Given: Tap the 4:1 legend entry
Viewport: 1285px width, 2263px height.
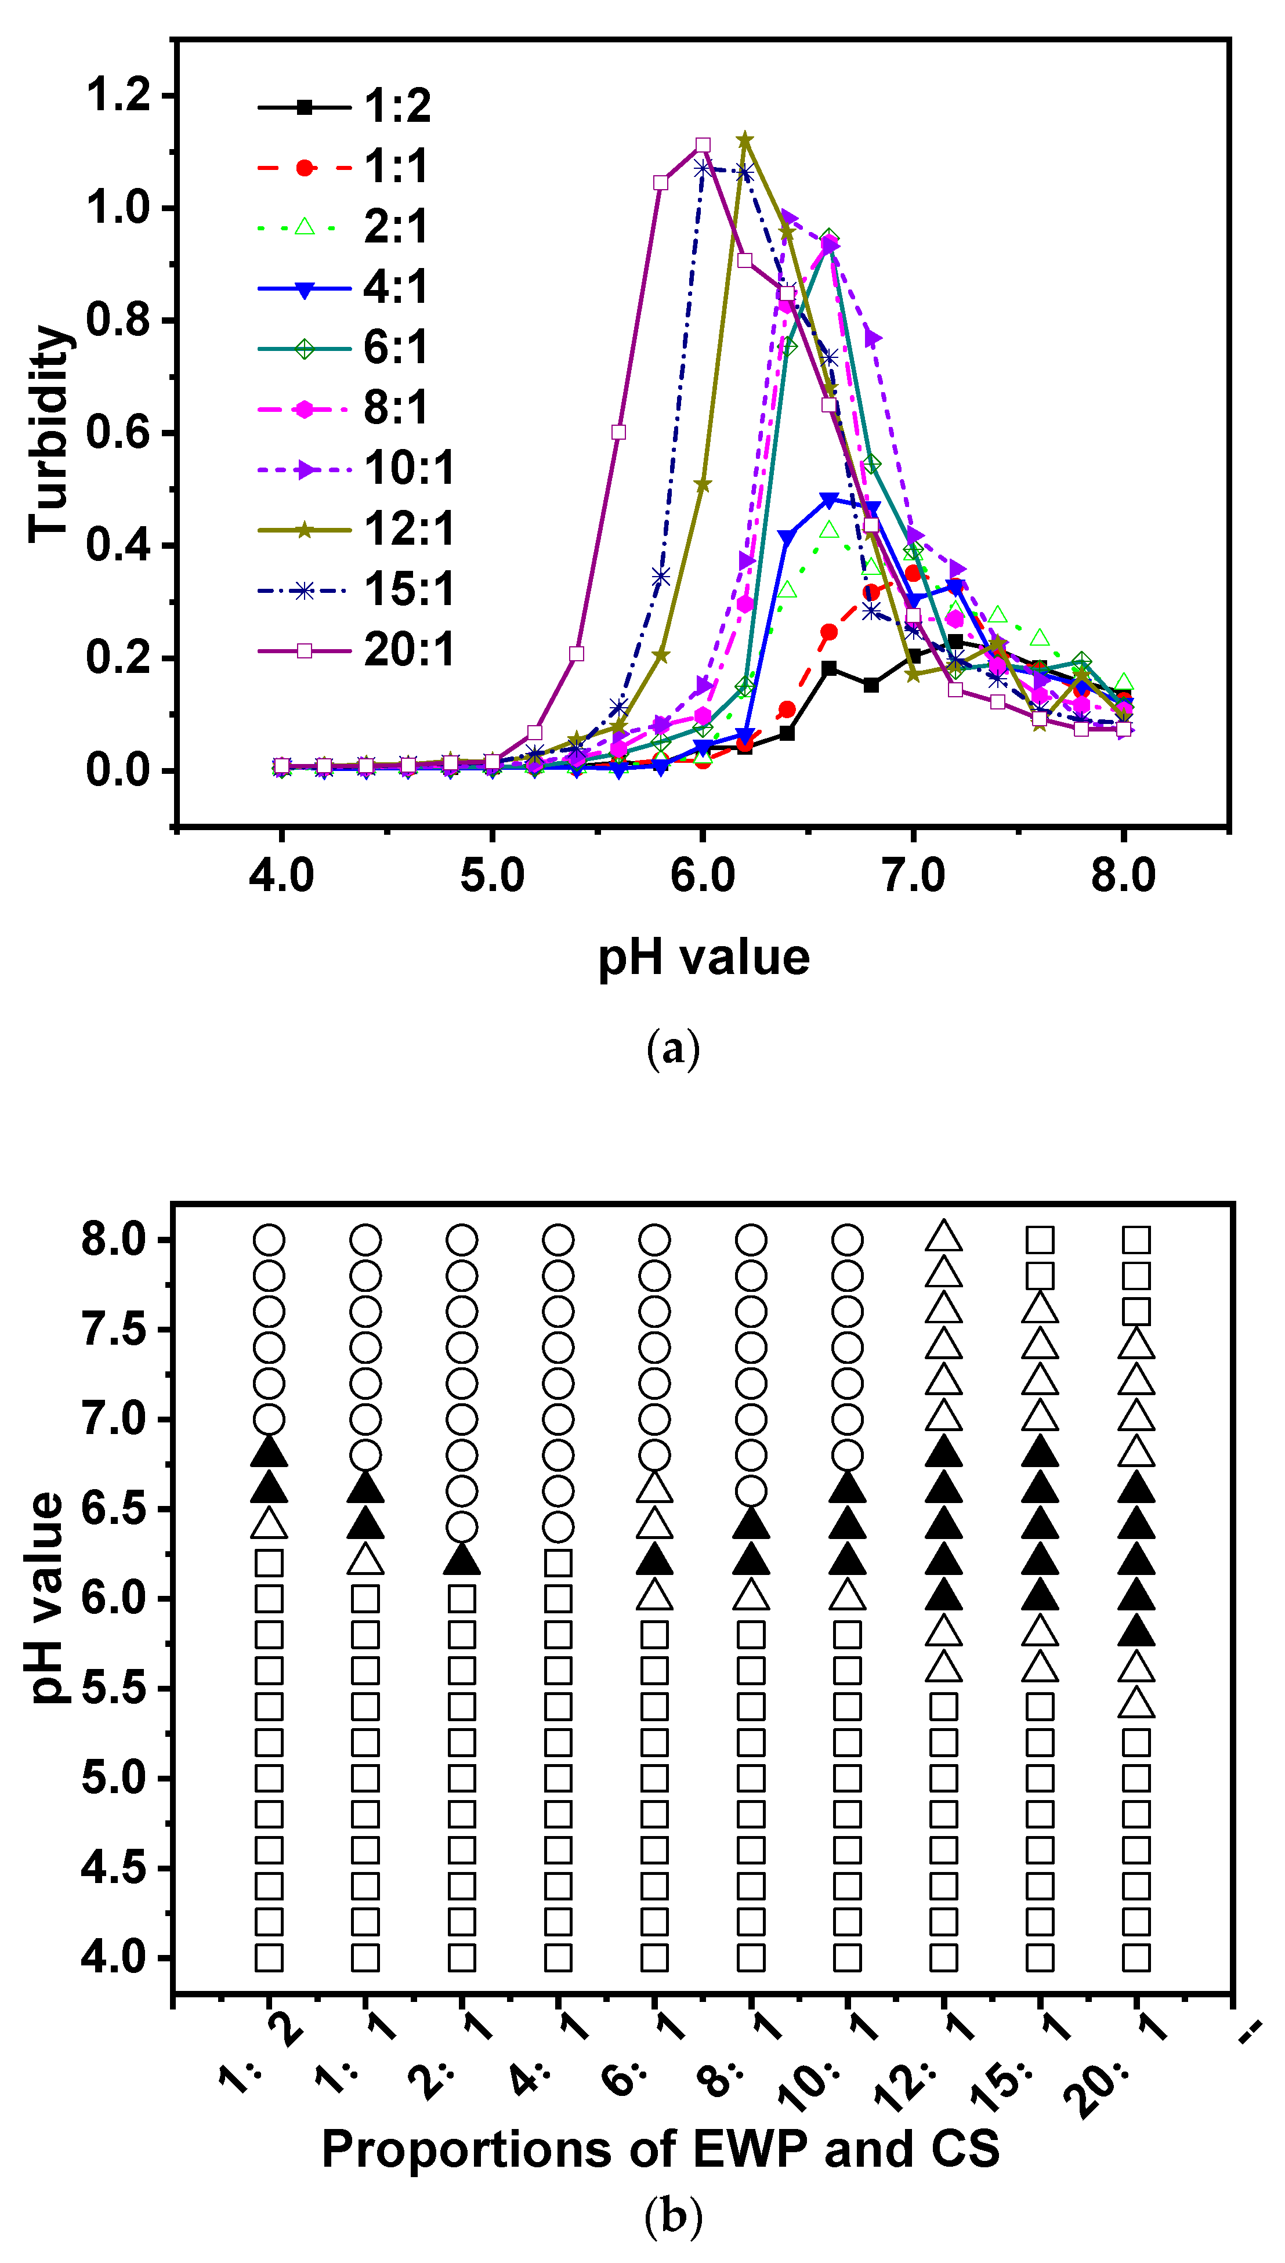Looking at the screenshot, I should [344, 288].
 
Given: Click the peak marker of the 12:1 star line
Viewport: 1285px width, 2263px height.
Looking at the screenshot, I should [745, 140].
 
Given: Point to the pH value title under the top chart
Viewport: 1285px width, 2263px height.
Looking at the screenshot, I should [703, 957].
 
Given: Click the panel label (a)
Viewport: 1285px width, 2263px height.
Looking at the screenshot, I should [674, 1049].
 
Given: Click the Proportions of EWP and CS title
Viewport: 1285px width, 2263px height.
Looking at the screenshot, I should [660, 2148].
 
